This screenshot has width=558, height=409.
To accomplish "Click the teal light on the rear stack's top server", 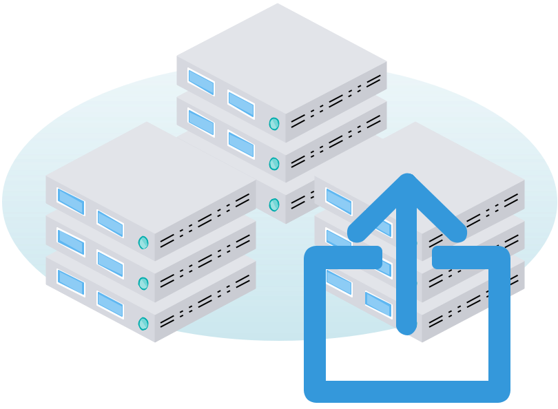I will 274,124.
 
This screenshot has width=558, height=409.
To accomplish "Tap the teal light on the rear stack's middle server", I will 274,164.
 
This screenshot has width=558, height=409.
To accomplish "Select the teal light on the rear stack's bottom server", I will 274,204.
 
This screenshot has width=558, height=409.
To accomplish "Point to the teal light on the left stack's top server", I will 143,242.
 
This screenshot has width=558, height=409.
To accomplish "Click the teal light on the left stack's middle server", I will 143,283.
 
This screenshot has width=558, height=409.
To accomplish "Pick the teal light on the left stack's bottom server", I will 143,324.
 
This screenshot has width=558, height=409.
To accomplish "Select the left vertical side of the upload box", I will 315,324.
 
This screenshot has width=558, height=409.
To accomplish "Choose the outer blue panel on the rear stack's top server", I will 200,82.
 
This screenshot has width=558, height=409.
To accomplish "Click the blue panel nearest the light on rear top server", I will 241,104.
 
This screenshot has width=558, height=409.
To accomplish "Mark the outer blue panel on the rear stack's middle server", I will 200,122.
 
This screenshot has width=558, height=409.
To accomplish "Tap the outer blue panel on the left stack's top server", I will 70,201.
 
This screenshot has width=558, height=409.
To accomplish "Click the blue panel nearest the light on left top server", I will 110,223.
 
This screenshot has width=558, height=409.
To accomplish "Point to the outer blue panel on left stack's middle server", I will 70,242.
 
